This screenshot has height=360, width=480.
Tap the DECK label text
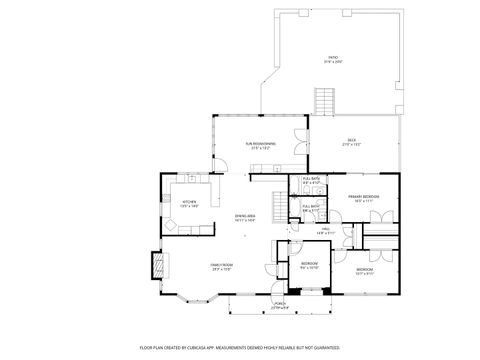pyautogui.click(x=352, y=139)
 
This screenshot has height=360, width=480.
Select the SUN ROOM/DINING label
pyautogui.click(x=262, y=143)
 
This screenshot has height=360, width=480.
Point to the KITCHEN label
pyautogui.click(x=189, y=201)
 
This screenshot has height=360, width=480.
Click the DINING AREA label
pyautogui.click(x=245, y=216)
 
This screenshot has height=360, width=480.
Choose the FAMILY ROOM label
pyautogui.click(x=221, y=264)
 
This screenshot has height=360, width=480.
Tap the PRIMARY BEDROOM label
pyautogui.click(x=362, y=196)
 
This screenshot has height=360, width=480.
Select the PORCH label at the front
pyautogui.click(x=280, y=304)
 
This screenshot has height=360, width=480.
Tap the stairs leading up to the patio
pyautogui.click(x=323, y=101)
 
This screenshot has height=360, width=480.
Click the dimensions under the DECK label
pyautogui.click(x=352, y=144)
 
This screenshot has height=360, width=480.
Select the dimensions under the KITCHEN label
pyautogui.click(x=189, y=206)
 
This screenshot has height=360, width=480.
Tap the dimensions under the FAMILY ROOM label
pyautogui.click(x=221, y=269)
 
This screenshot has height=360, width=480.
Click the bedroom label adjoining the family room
pyautogui.click(x=309, y=263)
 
